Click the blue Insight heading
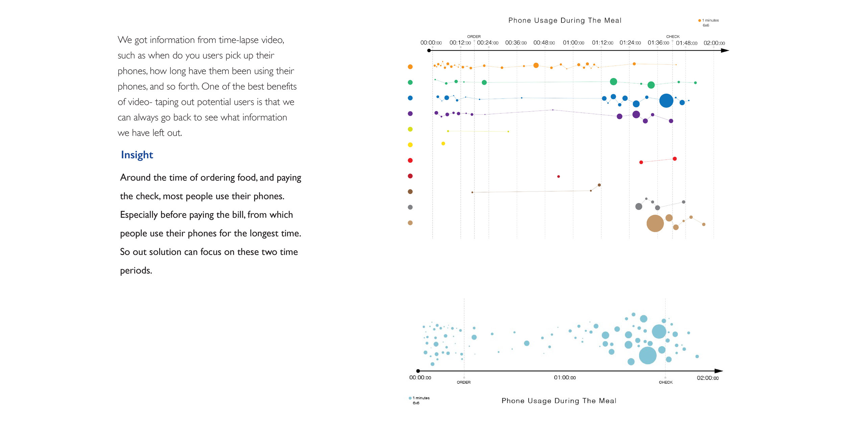coord(137,155)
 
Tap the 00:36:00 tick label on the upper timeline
coord(516,43)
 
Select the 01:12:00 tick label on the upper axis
coord(602,43)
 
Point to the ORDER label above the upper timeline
coord(474,37)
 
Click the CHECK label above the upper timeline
coord(673,37)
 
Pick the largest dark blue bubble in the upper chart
coord(666,101)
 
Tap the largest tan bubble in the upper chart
coord(655,223)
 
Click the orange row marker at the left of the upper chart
coord(410,67)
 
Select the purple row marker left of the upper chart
coord(410,114)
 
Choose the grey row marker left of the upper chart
coord(410,207)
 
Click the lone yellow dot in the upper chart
coord(443,143)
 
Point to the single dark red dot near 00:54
coord(558,177)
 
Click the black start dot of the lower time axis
coord(418,371)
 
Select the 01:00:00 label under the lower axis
coord(565,378)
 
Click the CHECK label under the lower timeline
coord(666,382)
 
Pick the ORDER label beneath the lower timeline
coord(464,382)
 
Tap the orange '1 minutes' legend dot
coord(700,21)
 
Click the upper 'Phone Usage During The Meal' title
coord(565,21)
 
